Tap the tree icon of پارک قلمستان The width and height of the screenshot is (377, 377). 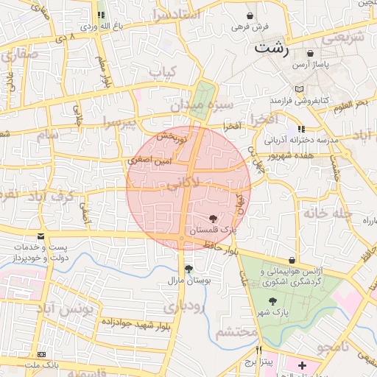pyautogui.click(x=214, y=219)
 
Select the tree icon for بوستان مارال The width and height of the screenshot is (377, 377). pyautogui.click(x=189, y=269)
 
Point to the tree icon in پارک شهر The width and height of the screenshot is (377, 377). pyautogui.click(x=273, y=301)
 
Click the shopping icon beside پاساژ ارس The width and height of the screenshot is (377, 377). pyautogui.click(x=310, y=53)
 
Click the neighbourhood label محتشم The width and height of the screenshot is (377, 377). pyautogui.click(x=237, y=332)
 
